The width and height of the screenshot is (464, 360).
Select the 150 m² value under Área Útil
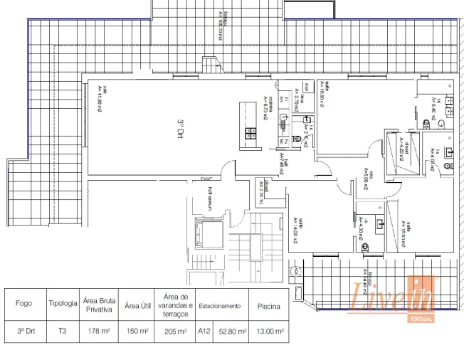point(137,331)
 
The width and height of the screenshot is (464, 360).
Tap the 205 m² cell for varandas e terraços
point(175,331)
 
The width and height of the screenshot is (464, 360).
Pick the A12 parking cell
point(204,331)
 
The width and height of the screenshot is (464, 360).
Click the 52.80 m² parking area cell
point(231,331)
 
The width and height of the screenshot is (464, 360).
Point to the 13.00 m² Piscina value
point(269,331)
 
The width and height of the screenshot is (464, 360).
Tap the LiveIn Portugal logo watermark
point(392,297)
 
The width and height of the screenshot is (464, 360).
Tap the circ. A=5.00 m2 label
point(362,176)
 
